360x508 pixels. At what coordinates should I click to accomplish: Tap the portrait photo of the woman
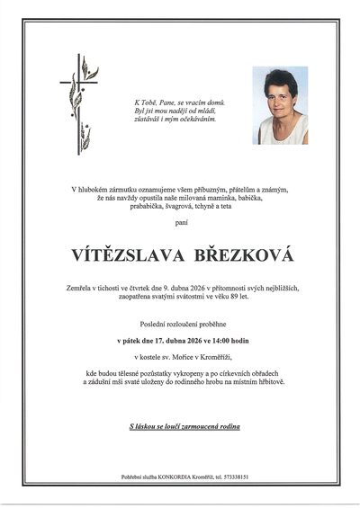click(x=280, y=105)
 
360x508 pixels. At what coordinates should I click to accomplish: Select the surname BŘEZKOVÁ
click(x=244, y=256)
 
